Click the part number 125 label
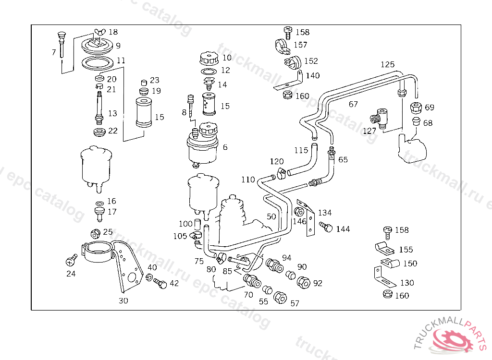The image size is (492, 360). (x=387, y=64)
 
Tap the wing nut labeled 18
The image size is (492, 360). (x=99, y=32)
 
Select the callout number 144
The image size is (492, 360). (x=343, y=229)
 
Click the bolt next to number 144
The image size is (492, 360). (x=326, y=227)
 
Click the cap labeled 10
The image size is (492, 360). (x=208, y=60)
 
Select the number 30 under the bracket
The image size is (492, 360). (x=123, y=301)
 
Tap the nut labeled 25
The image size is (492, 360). (x=95, y=234)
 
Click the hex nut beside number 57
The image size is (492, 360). (x=280, y=297)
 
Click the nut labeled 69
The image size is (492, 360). (x=416, y=107)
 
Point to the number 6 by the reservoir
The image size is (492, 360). (x=225, y=147)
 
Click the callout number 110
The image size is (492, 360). (x=248, y=180)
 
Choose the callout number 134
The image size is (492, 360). (x=325, y=213)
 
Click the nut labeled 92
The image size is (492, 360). (x=304, y=282)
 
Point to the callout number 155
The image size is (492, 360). (x=406, y=250)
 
